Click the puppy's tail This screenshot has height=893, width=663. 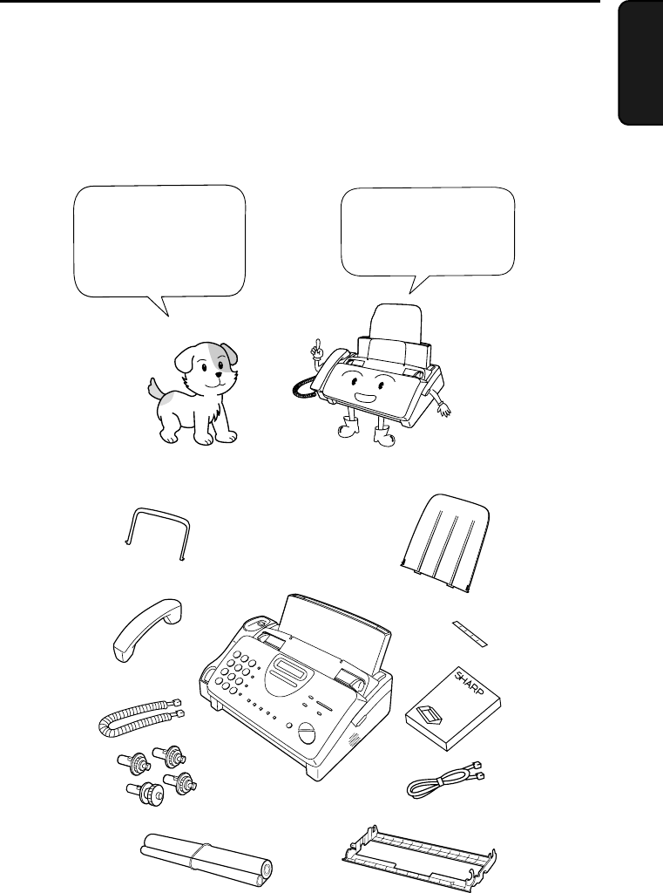click(157, 390)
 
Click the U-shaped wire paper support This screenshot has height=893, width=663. click(157, 534)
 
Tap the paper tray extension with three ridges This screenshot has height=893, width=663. click(445, 544)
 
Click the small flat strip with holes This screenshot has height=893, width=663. click(470, 634)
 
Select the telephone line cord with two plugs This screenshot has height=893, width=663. click(445, 781)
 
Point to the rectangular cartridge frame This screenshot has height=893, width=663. click(419, 857)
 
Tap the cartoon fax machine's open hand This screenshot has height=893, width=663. click(443, 408)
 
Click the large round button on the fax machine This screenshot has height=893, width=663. click(305, 733)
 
